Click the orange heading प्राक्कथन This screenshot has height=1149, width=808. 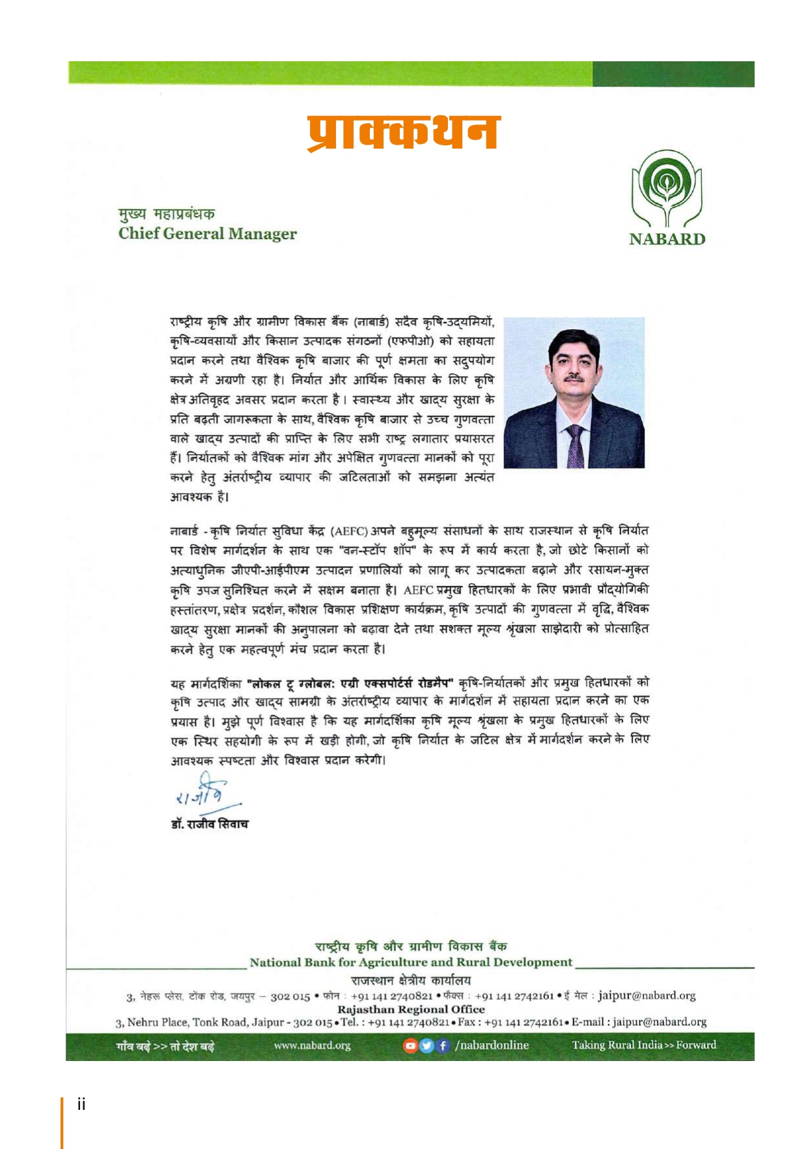tap(403, 132)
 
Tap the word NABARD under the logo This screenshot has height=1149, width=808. tap(667, 239)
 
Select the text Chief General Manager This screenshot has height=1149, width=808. tap(207, 234)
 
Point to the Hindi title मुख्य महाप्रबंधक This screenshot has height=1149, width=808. tap(167, 214)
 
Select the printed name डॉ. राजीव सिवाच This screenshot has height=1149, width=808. tap(209, 824)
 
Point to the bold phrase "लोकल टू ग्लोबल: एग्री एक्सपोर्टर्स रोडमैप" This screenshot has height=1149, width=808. tap(350, 683)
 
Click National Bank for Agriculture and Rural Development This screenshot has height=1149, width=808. tap(411, 963)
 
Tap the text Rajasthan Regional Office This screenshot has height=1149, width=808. tap(411, 1009)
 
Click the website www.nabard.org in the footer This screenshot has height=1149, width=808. tap(312, 1045)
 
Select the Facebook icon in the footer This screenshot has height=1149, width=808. tap(443, 1045)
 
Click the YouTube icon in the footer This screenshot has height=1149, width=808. tap(410, 1045)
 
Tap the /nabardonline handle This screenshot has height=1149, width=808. tap(492, 1045)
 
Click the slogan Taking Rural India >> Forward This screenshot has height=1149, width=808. tap(644, 1045)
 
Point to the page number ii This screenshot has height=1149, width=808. tap(81, 1104)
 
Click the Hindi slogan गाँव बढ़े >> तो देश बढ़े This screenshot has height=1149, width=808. tap(165, 1047)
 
